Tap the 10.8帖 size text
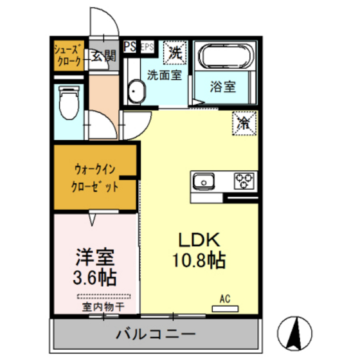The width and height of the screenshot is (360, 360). click(199, 261)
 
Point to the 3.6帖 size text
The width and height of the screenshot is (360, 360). click(95, 278)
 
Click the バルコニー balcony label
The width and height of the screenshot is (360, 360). click(156, 334)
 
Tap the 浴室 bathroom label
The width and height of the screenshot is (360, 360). click(223, 87)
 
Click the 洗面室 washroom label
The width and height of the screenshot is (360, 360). click(164, 74)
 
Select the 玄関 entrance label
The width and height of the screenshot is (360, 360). click(103, 56)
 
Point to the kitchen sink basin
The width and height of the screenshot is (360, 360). click(204, 180)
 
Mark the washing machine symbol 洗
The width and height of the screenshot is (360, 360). click(174, 52)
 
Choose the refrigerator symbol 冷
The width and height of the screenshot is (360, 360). click(244, 121)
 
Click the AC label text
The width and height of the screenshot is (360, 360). click(225, 298)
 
